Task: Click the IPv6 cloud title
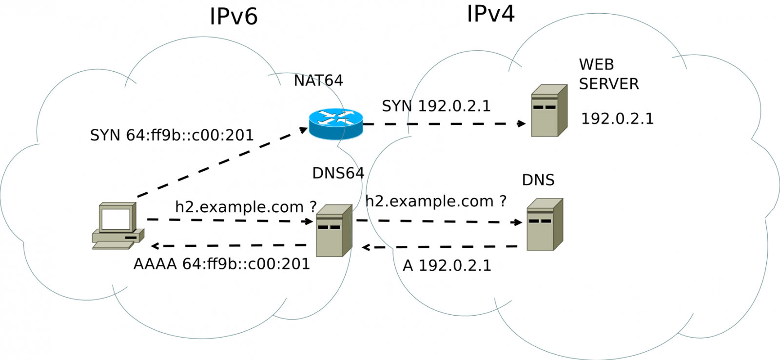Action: tap(234, 17)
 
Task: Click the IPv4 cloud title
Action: tap(490, 14)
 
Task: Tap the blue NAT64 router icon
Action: tap(336, 124)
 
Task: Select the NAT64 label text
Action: tap(318, 80)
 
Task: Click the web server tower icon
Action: tap(549, 111)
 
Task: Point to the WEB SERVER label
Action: tap(608, 74)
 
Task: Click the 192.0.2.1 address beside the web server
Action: tap(617, 119)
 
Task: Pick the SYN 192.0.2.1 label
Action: tap(436, 106)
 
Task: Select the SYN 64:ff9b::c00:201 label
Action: tap(172, 135)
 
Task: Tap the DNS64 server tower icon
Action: tap(334, 231)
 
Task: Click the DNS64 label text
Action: tap(338, 173)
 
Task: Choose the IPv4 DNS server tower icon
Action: tap(545, 224)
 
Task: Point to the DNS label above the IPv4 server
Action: tap(538, 180)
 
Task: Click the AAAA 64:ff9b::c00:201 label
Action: tap(222, 264)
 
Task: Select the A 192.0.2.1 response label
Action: tap(447, 265)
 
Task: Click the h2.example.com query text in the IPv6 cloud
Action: tap(246, 207)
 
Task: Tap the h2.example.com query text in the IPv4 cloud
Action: tap(436, 201)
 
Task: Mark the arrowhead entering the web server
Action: tap(522, 123)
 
